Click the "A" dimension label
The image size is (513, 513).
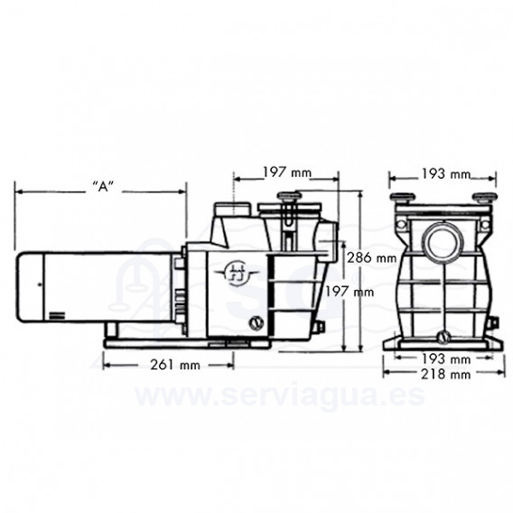(x=103, y=187)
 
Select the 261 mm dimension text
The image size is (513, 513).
(x=175, y=365)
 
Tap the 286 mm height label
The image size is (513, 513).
(x=371, y=257)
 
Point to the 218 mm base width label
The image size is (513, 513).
(x=445, y=374)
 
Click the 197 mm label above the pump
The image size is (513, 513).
(x=287, y=173)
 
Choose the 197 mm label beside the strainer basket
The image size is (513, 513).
(x=349, y=291)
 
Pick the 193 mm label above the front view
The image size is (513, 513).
(x=445, y=174)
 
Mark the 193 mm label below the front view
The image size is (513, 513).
(x=445, y=359)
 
